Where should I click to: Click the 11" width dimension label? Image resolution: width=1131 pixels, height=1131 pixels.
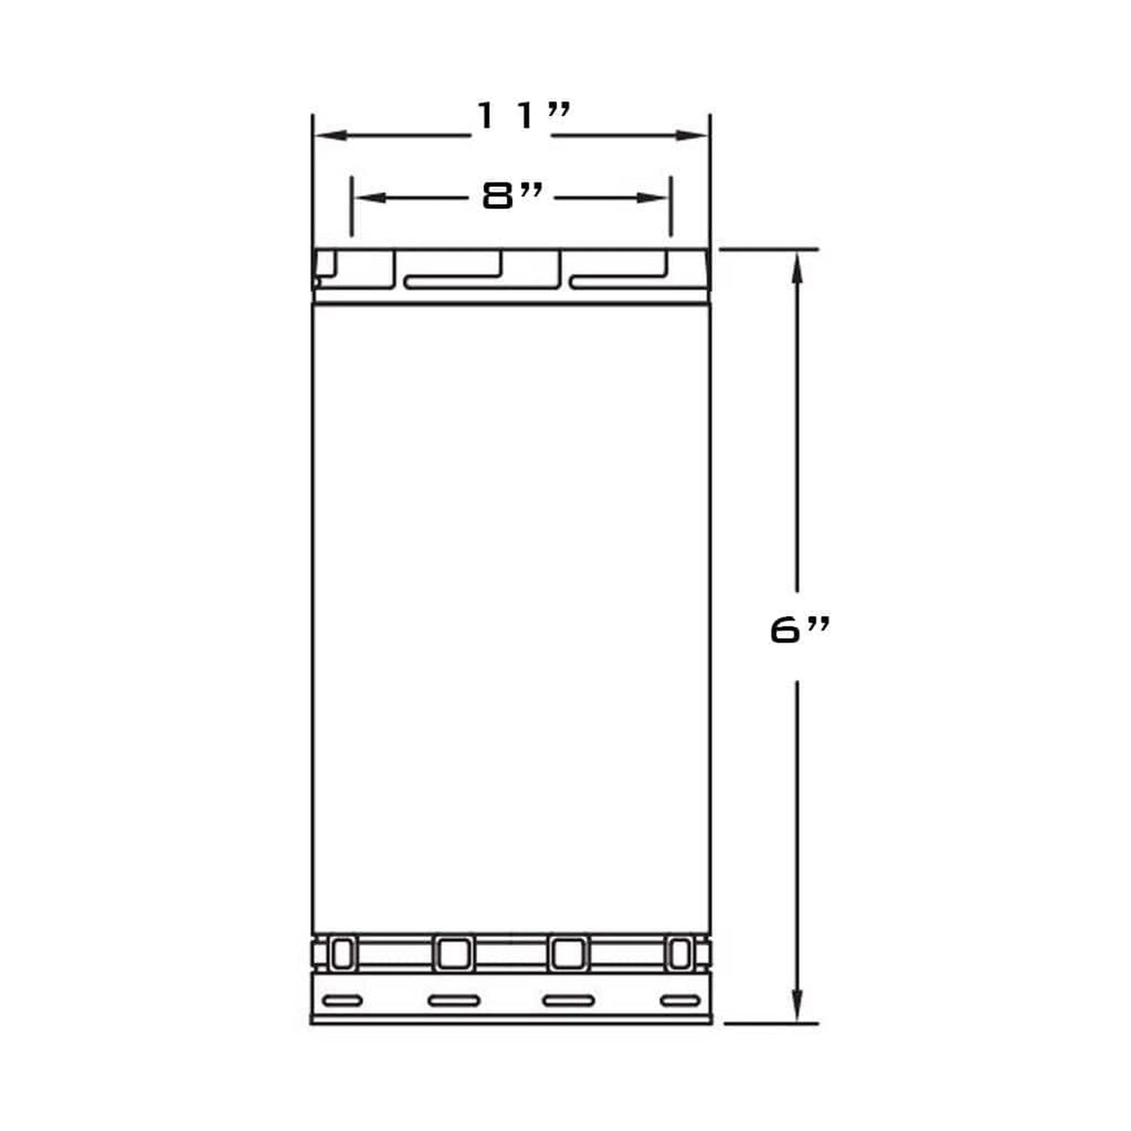pyautogui.click(x=523, y=115)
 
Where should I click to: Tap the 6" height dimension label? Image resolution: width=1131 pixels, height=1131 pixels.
pyautogui.click(x=800, y=632)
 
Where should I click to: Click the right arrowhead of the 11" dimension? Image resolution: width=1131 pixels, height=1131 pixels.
pyautogui.click(x=691, y=135)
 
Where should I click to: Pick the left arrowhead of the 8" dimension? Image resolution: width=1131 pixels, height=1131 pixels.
pyautogui.click(x=370, y=198)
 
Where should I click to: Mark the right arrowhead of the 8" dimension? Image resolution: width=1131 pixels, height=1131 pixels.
pyautogui.click(x=652, y=198)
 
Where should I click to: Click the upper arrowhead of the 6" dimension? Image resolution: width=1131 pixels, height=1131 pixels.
pyautogui.click(x=797, y=271)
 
